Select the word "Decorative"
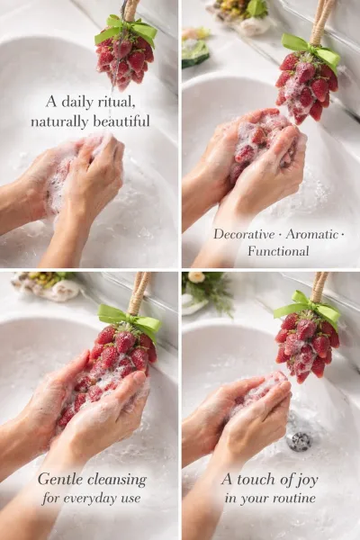244,235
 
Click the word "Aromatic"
312,235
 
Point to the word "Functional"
278,251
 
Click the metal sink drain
300,441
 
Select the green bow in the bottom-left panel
130,320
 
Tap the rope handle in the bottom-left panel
139,292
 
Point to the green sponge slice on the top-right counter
194,53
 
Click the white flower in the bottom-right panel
196,277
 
